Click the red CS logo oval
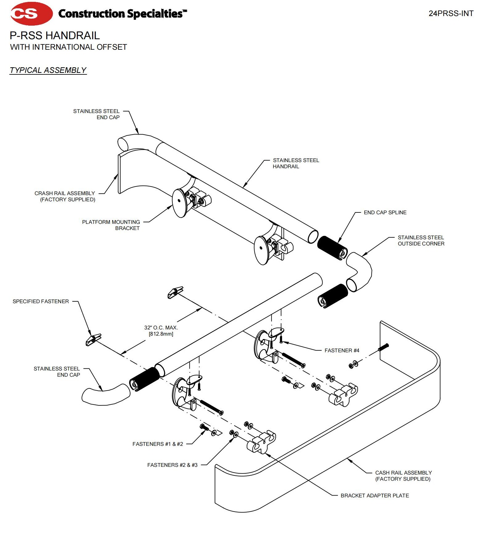31,14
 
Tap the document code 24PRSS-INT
451,14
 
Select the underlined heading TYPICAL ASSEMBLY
48,70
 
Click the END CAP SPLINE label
385,212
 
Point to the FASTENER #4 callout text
342,350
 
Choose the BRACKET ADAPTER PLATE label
374,496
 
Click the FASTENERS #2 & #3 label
172,465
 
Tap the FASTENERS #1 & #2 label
158,444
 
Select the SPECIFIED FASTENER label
40,301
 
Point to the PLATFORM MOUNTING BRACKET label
111,225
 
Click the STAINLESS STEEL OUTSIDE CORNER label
421,241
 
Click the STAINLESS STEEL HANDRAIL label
296,163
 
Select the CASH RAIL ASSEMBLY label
403,476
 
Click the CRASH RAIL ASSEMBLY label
65,196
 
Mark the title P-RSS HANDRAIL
55,36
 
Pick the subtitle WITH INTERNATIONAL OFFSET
68,47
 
